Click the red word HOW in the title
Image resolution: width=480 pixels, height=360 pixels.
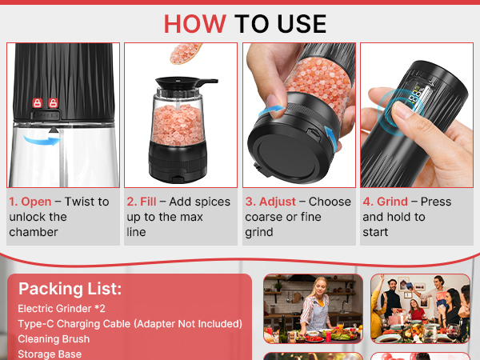point(195,24)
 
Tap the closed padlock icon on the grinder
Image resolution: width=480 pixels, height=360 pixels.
point(38,103)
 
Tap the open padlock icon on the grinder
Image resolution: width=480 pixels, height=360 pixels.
point(54,103)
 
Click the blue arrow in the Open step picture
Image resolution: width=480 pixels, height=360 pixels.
point(42,141)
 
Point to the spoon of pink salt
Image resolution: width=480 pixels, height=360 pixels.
point(186,54)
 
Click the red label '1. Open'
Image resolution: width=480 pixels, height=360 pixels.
point(30,202)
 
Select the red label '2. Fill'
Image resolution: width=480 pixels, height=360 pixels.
point(142,202)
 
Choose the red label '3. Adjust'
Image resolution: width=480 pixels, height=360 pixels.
point(270,202)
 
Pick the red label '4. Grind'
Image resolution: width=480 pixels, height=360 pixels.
point(385,202)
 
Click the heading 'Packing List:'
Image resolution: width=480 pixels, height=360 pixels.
point(70,289)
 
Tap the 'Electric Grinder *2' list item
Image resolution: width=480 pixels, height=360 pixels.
point(62,309)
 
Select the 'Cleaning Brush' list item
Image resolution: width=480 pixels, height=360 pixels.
point(54,339)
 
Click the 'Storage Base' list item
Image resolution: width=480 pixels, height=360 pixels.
point(50,354)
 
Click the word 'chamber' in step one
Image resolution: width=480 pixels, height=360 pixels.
point(34,232)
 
